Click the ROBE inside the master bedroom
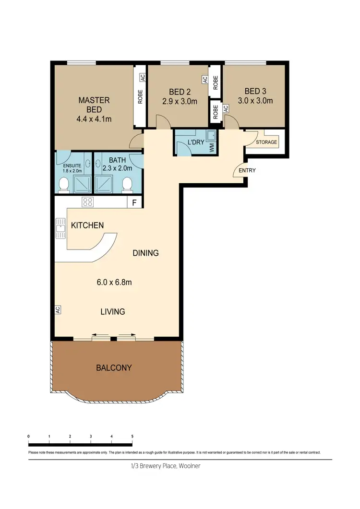coord(140,98)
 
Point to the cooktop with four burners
coord(88,202)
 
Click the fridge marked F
coord(134,202)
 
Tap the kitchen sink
coord(60,228)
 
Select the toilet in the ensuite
coord(63,184)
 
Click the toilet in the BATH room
coord(128,184)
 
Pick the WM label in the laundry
coord(211,148)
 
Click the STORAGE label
coord(266,142)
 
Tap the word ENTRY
coord(247,170)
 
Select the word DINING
coord(145,253)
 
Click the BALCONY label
coord(114,368)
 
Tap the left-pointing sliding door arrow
coord(99,335)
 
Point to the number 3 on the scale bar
coord(91,436)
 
